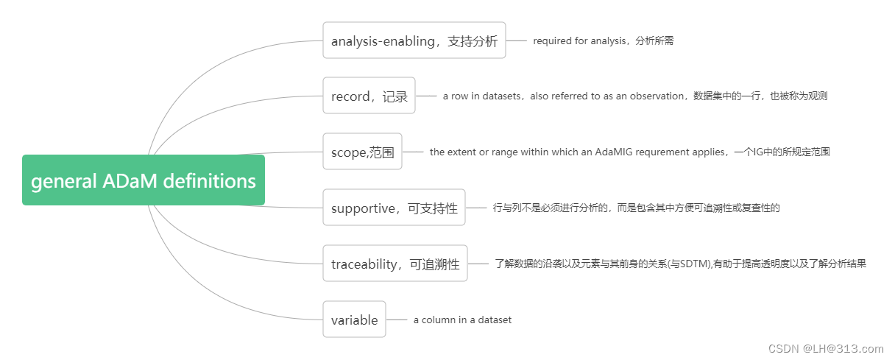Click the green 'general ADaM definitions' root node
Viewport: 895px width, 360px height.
[143, 180]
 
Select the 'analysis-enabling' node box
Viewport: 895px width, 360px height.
[414, 40]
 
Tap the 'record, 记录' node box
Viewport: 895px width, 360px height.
[369, 96]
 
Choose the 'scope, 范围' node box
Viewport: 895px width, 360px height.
[362, 152]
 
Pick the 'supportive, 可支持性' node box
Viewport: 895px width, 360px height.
[394, 208]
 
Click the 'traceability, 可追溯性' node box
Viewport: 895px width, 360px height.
[395, 264]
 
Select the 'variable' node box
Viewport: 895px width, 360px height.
[354, 320]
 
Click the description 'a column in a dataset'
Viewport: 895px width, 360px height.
[462, 320]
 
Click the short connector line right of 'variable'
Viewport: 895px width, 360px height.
[397, 320]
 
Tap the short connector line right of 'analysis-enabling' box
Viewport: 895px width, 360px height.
[517, 40]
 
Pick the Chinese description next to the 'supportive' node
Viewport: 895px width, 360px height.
[636, 208]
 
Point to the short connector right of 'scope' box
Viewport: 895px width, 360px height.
[413, 152]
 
